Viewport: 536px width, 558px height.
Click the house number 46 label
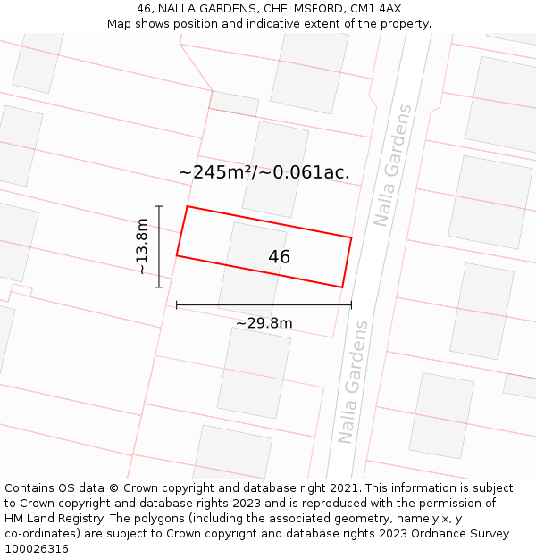[x=279, y=257]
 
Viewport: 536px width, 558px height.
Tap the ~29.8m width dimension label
[x=264, y=323]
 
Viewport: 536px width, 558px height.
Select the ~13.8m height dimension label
[x=141, y=246]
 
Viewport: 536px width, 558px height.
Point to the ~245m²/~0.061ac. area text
[x=264, y=172]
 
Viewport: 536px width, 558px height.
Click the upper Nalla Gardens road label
[x=393, y=166]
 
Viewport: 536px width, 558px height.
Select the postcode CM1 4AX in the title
[x=376, y=9]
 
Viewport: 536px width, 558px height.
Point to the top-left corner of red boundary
[x=187, y=207]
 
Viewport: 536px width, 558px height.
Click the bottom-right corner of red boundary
[x=342, y=287]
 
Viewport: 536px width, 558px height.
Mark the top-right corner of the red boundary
[x=351, y=237]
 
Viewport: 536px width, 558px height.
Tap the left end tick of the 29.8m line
[x=177, y=305]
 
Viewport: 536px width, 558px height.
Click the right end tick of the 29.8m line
[x=351, y=305]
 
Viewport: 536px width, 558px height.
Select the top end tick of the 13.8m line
[x=159, y=207]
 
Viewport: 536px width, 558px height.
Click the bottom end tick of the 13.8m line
[x=159, y=287]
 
